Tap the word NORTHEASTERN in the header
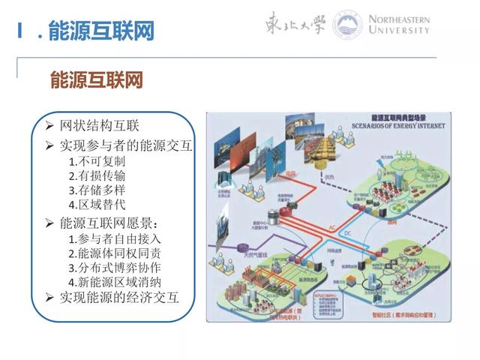point(396,19)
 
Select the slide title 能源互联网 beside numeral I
point(101,31)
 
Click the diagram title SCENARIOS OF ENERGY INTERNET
point(388,124)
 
